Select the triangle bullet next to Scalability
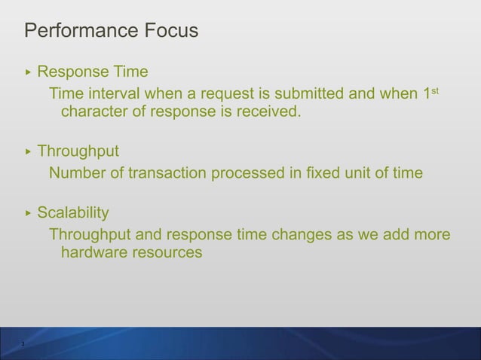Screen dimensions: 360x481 (29, 213)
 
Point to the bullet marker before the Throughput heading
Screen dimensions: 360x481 (29, 151)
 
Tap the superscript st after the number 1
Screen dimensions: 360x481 (435, 90)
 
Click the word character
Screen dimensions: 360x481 (94, 113)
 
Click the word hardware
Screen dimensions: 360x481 (93, 254)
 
